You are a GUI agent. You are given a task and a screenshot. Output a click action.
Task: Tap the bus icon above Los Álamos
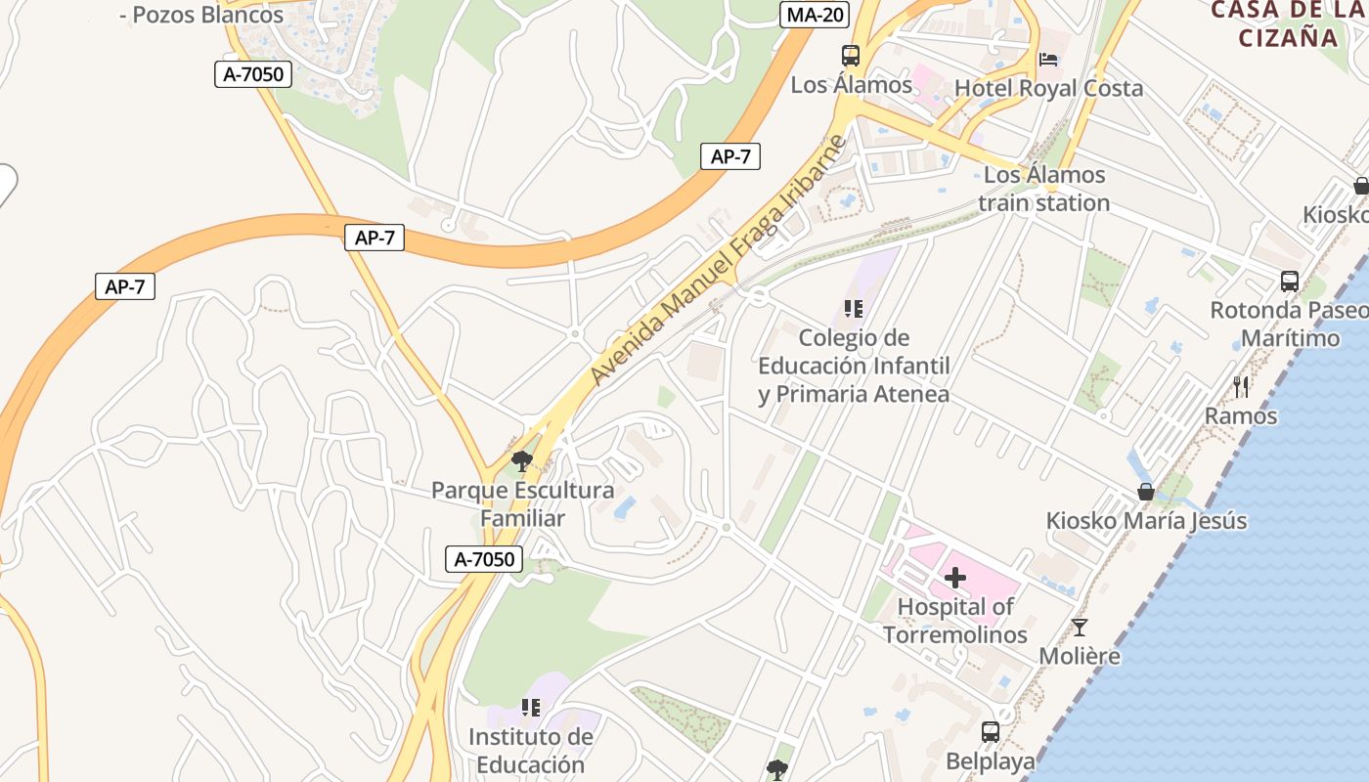tap(851, 56)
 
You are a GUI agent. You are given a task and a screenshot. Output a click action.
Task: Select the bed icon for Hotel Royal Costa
tap(1048, 60)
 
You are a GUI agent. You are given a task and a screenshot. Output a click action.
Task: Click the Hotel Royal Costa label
tap(1048, 88)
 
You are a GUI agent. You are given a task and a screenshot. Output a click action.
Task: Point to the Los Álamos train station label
tap(1044, 189)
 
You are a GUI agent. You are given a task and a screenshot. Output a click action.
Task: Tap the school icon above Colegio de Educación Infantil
tap(854, 310)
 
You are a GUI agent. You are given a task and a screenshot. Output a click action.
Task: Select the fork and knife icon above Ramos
tap(1241, 387)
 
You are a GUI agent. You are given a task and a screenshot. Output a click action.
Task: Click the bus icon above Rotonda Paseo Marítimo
tap(1290, 282)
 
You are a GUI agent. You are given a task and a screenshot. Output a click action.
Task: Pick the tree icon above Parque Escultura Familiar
tap(521, 460)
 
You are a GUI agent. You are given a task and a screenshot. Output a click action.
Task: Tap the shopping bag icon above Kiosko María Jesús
tap(1146, 491)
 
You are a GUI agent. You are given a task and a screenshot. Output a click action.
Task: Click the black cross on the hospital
tap(955, 578)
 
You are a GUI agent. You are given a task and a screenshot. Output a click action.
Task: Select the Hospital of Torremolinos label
tap(955, 621)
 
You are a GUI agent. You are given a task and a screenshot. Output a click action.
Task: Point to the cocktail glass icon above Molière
tap(1080, 628)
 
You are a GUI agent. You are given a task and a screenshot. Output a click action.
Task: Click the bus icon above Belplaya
tap(990, 731)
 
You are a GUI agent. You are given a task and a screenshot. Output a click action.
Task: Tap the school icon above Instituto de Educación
tap(531, 707)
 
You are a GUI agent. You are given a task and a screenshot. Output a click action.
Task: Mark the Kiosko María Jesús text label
tap(1146, 520)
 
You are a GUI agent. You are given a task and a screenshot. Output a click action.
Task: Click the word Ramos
tap(1241, 415)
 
